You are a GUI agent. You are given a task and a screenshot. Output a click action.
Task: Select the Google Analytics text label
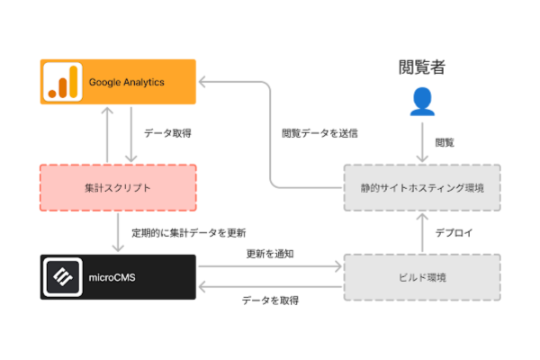point(126,82)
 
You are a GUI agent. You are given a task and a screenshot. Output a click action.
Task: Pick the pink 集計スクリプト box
point(117,187)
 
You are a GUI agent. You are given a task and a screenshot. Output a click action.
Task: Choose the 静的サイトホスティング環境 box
point(421,187)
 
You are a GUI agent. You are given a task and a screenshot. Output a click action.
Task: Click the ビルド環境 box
point(421,277)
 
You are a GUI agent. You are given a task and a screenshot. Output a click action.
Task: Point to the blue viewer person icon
point(421,102)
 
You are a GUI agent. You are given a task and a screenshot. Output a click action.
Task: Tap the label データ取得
point(167,133)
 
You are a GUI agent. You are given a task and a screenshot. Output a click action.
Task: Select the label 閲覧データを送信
point(319,133)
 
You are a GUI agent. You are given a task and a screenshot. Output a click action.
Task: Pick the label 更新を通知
point(269,254)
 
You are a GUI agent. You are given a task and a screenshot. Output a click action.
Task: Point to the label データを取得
point(270,301)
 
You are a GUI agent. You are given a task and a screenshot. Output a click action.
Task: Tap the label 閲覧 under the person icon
point(445,142)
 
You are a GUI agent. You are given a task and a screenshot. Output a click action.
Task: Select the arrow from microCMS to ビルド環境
point(270,266)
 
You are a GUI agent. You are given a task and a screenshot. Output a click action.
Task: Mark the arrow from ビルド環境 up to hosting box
point(421,232)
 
